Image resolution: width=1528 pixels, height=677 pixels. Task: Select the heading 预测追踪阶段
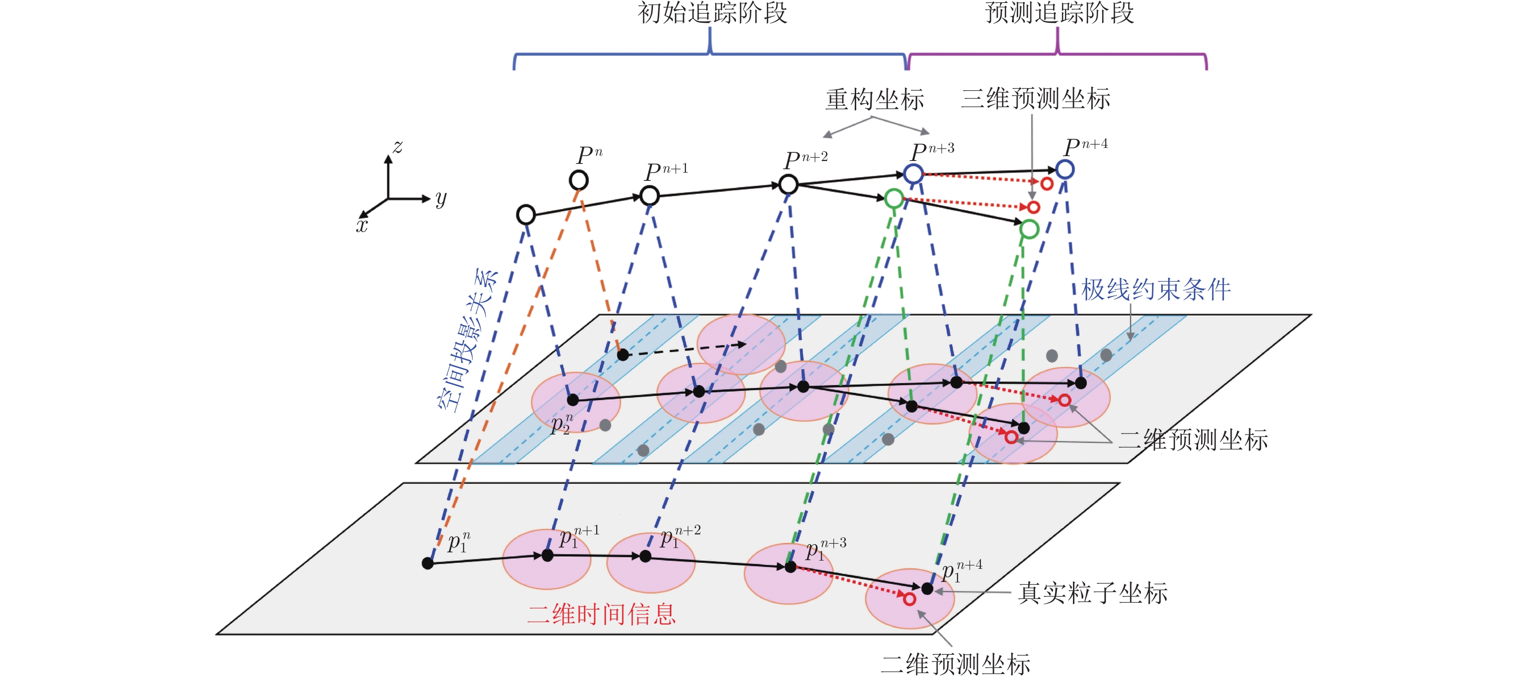tap(1059, 13)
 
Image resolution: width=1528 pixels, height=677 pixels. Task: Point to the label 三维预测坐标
tap(1035, 98)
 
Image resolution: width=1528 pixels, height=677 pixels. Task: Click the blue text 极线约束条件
tap(1155, 290)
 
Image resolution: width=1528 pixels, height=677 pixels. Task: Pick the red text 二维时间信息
tap(601, 614)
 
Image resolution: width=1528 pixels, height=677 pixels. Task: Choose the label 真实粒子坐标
tap(1092, 593)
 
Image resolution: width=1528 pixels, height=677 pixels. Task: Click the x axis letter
tap(362, 226)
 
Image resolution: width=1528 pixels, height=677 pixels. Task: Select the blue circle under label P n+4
tap(1065, 170)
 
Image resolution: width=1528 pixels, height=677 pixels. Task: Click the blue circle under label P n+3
tap(913, 174)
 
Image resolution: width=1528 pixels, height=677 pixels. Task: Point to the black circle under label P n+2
tap(788, 184)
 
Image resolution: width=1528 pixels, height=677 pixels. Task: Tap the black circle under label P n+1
tap(650, 195)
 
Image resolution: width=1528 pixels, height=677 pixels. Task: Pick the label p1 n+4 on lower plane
tap(961, 571)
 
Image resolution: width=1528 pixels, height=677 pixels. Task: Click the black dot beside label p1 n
tap(428, 563)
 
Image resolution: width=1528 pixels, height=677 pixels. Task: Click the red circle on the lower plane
tap(910, 599)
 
